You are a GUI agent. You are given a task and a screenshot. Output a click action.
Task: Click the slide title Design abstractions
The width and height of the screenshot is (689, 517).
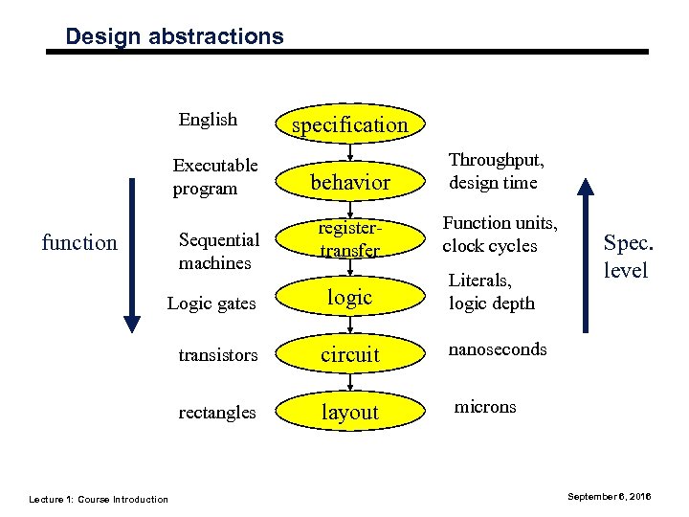click(x=174, y=36)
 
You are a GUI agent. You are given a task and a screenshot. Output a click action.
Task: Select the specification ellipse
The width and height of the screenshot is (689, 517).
click(x=349, y=124)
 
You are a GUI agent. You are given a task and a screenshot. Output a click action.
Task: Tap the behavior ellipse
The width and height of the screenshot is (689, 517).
click(x=349, y=182)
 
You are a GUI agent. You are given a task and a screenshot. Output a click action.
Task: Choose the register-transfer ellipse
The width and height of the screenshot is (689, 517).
click(x=349, y=239)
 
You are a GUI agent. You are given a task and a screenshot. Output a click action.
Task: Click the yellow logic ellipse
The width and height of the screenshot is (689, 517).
click(x=349, y=297)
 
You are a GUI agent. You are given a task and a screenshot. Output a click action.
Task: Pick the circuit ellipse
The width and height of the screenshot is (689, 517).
click(x=349, y=354)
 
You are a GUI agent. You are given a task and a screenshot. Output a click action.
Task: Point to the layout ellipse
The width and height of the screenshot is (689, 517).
click(x=349, y=412)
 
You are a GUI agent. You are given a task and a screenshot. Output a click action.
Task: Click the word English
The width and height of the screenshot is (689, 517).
click(x=208, y=120)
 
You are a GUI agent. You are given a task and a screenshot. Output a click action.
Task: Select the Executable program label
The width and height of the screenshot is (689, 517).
click(x=215, y=176)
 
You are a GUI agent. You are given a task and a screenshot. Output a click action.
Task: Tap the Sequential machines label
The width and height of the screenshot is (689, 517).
click(x=218, y=251)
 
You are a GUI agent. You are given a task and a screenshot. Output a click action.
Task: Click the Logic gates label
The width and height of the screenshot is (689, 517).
click(x=211, y=303)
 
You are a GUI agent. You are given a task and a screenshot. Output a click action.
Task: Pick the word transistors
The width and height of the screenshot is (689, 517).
click(x=218, y=355)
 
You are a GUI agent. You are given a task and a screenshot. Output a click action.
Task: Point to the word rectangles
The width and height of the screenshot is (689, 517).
click(x=217, y=413)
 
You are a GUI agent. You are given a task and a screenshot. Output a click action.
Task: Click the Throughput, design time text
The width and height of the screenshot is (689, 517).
click(x=496, y=170)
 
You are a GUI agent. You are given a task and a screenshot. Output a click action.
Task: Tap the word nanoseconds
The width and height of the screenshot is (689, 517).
click(x=498, y=349)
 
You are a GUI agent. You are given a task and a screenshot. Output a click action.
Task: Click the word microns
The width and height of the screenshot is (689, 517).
click(x=484, y=407)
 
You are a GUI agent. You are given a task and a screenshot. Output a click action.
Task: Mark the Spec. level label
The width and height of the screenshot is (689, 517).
click(x=626, y=257)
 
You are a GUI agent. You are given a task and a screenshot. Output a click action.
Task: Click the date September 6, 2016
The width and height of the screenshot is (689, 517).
click(x=610, y=497)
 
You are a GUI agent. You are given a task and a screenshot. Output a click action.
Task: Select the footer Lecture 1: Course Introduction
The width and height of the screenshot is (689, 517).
click(x=99, y=499)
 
